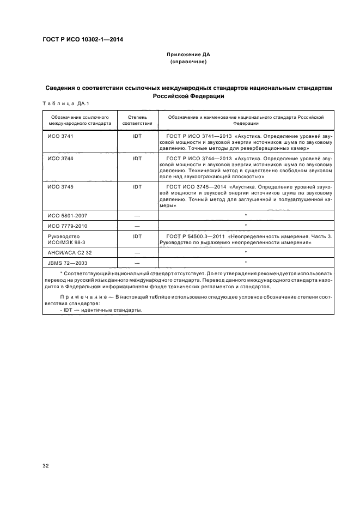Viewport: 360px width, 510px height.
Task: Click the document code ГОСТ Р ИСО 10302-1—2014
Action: coord(82,39)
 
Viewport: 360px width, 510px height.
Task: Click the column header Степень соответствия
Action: coord(137,120)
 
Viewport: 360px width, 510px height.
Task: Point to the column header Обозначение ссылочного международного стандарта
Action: coord(80,120)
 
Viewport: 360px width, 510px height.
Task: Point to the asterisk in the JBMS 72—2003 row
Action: coord(246,263)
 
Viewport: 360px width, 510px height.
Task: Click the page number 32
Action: coord(46,466)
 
